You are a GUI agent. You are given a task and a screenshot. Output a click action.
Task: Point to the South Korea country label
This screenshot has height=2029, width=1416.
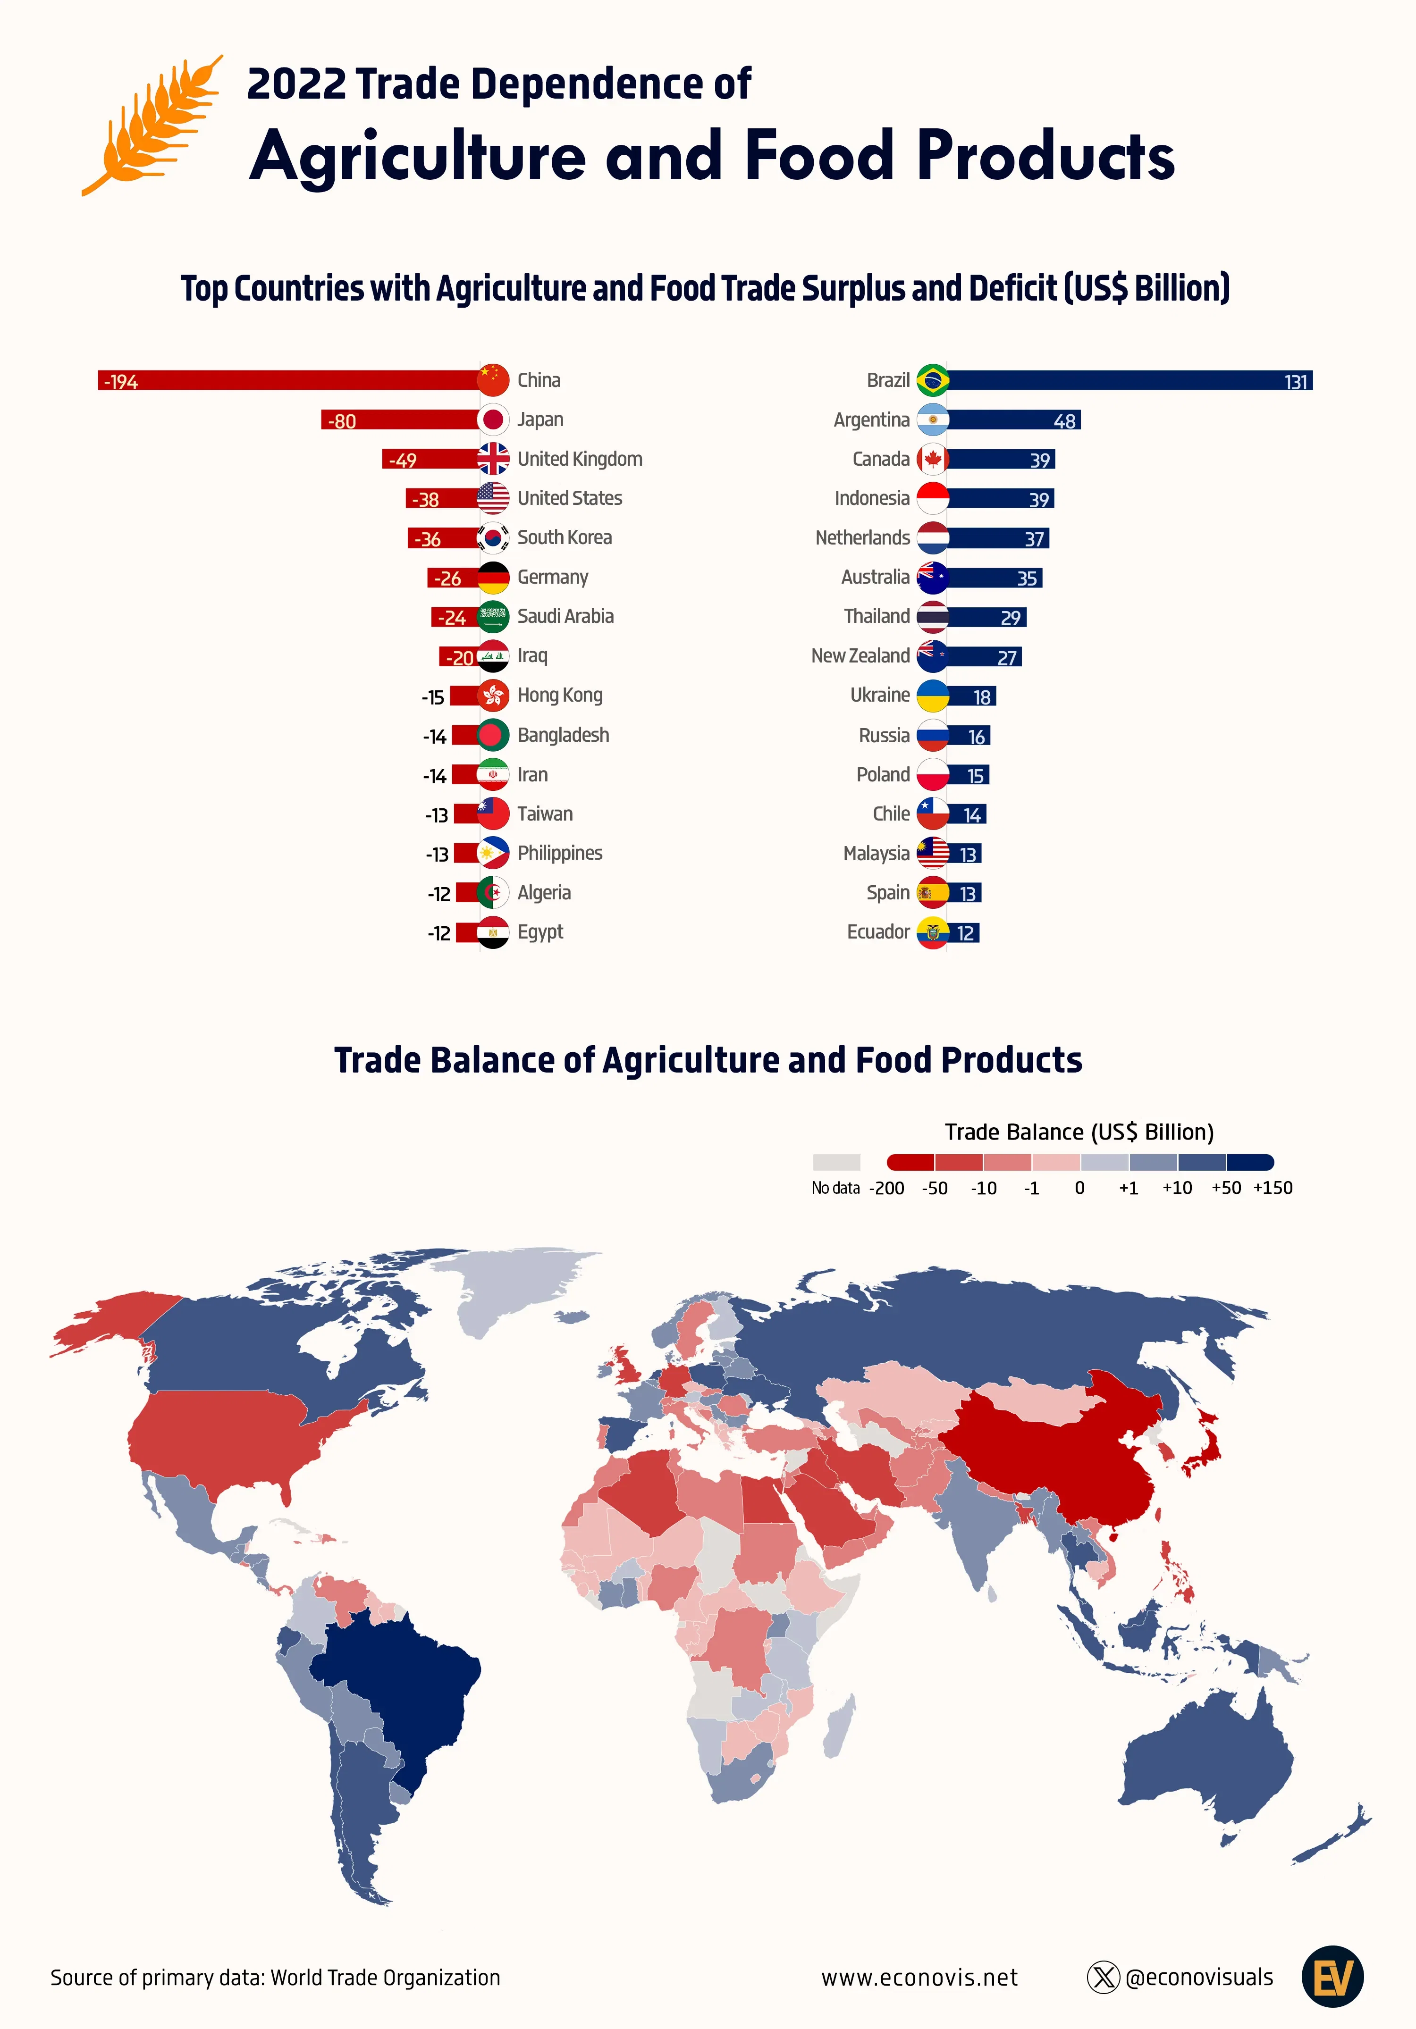pos(564,537)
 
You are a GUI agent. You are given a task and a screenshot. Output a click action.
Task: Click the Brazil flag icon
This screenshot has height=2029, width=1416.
pos(933,380)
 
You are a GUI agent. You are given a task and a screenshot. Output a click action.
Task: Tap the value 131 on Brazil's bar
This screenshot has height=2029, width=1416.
pos(1296,382)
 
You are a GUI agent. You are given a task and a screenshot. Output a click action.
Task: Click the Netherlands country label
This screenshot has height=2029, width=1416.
pos(862,537)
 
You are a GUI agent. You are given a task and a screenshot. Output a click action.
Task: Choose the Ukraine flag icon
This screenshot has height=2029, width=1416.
pos(933,696)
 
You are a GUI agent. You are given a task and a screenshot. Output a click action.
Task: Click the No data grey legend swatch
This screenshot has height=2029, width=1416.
pos(836,1162)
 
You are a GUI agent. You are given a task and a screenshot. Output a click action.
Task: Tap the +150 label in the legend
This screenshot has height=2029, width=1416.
pos(1273,1188)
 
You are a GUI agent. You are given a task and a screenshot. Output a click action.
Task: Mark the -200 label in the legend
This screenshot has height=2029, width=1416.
pos(886,1188)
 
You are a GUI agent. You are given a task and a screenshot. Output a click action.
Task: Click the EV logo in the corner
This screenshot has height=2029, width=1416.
pos(1332,1977)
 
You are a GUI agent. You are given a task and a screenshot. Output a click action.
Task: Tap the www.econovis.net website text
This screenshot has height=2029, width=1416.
pos(919,1978)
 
